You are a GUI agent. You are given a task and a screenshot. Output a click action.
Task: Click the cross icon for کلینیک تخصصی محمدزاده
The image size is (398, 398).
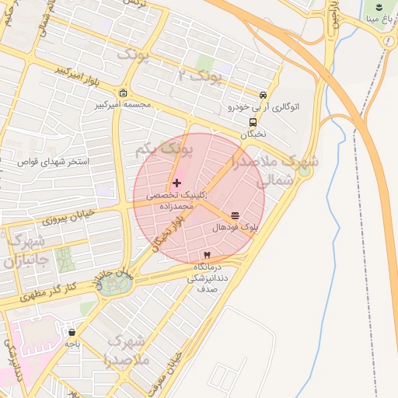(177, 183)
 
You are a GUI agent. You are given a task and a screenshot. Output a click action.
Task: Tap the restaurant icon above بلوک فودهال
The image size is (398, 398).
(235, 215)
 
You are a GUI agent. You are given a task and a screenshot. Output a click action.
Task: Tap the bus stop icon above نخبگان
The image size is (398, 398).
(253, 122)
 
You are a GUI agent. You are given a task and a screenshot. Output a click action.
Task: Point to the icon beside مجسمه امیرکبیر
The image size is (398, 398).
(124, 92)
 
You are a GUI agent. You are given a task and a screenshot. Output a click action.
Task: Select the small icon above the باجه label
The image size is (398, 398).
(72, 332)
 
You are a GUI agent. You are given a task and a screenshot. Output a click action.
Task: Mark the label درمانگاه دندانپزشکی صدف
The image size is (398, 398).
(206, 277)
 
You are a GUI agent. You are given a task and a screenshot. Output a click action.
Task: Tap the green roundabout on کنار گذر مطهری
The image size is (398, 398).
(117, 284)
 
